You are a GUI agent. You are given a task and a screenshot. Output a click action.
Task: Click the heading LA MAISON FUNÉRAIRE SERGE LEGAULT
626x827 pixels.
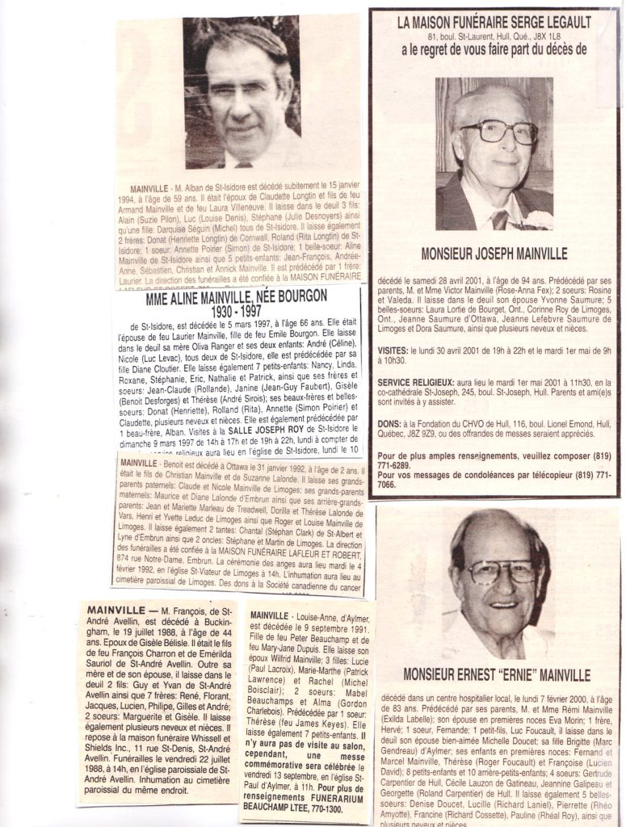click(494, 23)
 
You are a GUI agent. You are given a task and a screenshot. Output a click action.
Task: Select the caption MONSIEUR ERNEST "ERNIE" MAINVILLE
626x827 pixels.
click(496, 674)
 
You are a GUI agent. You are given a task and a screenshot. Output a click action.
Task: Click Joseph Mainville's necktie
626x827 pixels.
click(500, 219)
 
